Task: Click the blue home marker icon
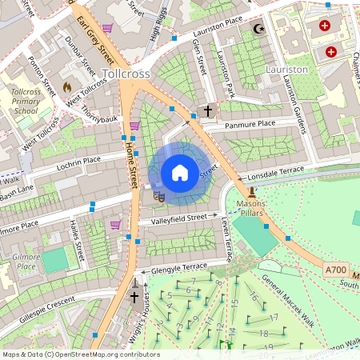pos(180,173)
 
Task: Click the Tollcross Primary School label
pos(30,102)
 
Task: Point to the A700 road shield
pos(336,271)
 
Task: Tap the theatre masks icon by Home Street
pos(158,194)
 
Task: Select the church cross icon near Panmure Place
pos(208,110)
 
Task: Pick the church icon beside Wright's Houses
pos(135,297)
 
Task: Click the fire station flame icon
pos(66,85)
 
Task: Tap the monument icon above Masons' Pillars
pos(253,192)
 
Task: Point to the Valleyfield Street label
pos(178,218)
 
